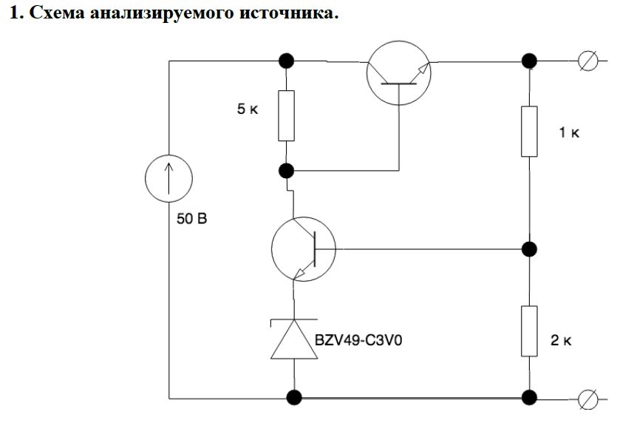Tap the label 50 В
click(193, 220)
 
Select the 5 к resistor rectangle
click(287, 115)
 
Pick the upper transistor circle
click(398, 70)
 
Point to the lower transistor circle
click(303, 248)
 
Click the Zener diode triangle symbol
click(295, 341)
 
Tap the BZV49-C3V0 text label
click(362, 342)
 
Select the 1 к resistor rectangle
click(528, 131)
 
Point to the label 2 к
click(562, 341)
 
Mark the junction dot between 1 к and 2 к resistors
click(528, 248)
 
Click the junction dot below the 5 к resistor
click(287, 171)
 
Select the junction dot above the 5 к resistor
click(287, 61)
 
